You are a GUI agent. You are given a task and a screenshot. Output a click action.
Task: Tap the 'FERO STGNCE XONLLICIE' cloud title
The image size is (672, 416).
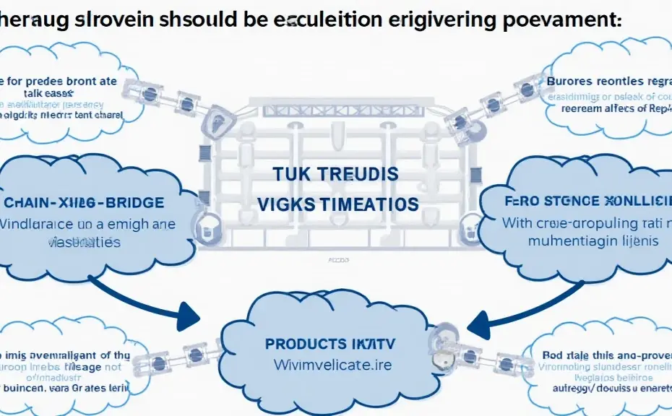(x=587, y=201)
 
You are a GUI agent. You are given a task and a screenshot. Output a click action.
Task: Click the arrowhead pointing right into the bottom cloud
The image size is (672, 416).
(x=189, y=315)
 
